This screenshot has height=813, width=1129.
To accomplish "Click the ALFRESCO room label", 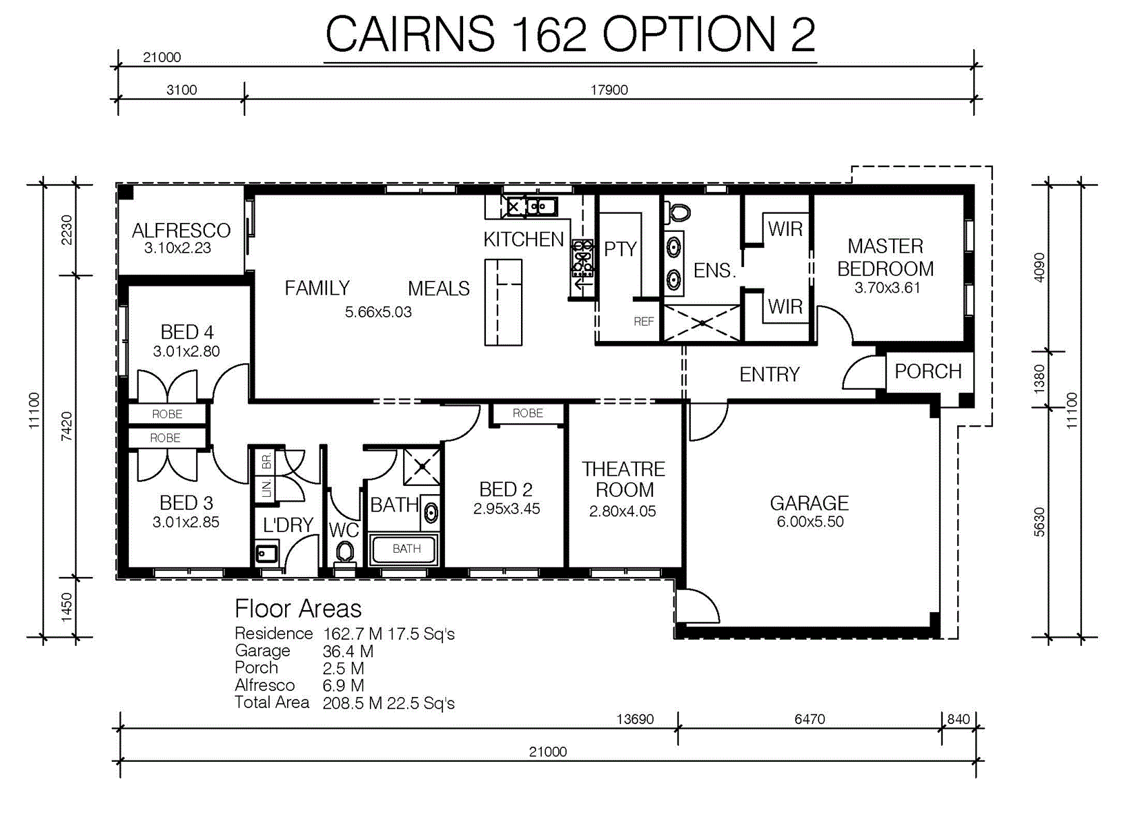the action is point(181,231).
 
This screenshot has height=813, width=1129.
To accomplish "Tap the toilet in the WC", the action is point(345,554).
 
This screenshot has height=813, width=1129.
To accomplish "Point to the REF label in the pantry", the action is point(644,322).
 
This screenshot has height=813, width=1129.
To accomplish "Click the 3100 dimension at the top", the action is point(181,90).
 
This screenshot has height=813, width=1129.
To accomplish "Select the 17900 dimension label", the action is point(609,90).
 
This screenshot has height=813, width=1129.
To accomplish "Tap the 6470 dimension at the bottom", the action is point(809,719).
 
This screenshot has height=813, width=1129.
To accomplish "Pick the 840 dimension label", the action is point(958,719).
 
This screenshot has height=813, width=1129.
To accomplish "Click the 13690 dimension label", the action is point(635,719).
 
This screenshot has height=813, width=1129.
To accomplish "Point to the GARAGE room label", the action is point(809,503).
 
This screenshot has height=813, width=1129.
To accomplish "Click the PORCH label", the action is point(928,371).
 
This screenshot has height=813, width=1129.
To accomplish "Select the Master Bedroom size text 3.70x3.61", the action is point(887,288).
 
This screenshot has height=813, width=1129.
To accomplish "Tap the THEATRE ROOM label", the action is point(624,480).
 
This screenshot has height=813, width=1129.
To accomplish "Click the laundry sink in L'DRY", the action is point(266,554).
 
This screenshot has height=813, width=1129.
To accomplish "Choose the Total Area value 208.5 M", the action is point(353,703).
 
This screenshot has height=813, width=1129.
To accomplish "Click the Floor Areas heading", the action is point(298,608).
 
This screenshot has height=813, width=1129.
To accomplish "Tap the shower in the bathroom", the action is point(422,467).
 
